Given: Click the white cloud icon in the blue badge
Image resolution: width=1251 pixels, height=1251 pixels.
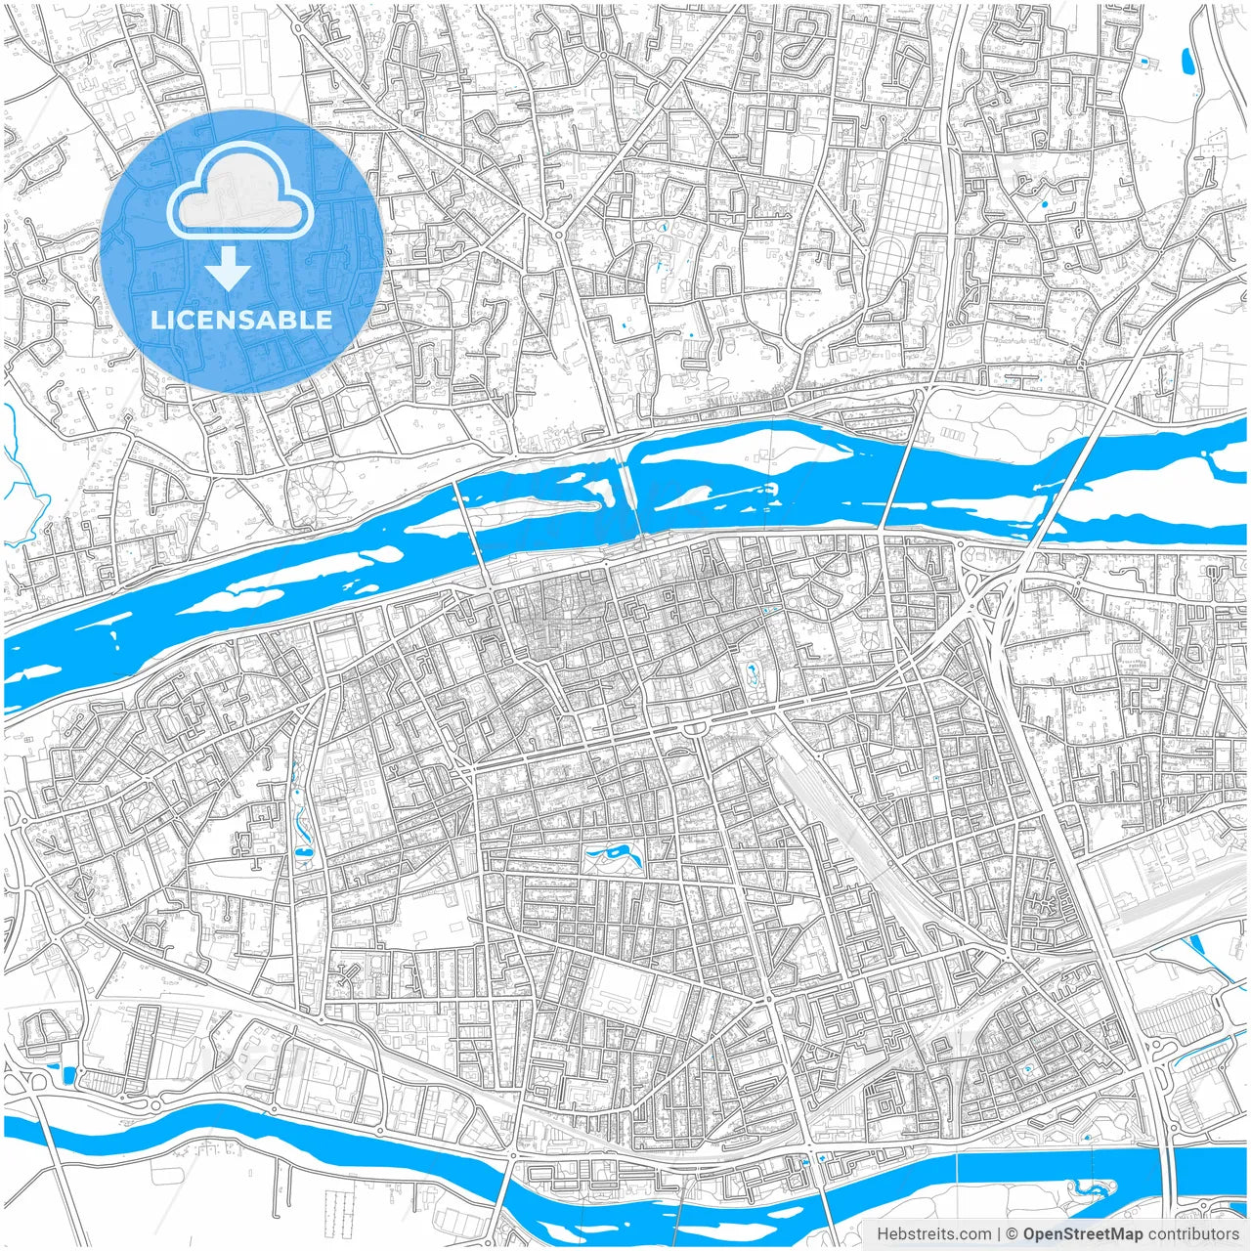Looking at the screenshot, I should point(240,198).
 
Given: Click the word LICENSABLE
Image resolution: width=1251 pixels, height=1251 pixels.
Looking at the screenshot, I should point(241,320).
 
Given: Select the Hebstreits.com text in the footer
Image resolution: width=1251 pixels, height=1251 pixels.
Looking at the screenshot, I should point(933,1234).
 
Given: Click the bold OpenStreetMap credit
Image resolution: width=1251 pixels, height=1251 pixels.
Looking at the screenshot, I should point(1082,1234).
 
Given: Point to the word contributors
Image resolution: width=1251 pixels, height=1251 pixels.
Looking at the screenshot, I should point(1192,1234).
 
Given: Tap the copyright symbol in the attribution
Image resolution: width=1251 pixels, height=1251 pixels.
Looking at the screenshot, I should point(1013,1234).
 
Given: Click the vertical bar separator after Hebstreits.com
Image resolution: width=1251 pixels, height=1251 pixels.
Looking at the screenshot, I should point(998,1234).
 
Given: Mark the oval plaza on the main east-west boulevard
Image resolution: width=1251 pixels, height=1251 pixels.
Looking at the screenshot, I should point(697,729).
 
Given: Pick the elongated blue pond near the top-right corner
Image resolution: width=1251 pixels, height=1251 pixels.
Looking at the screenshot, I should point(1188,62).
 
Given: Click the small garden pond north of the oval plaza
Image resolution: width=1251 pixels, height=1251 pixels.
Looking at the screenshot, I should point(752,672).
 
